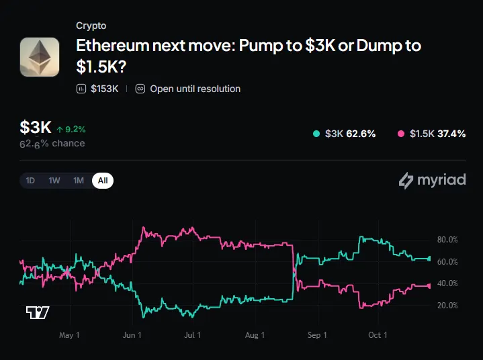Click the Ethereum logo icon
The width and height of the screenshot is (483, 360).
[40, 57]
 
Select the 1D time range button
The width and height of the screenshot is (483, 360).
[30, 181]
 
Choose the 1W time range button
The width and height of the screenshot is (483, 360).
[54, 181]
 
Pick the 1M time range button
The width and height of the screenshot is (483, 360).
[79, 181]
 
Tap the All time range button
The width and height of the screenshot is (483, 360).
[103, 181]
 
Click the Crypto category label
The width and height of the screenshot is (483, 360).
[91, 26]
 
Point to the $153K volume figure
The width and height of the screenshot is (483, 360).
[104, 89]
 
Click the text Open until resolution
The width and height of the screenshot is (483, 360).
[195, 89]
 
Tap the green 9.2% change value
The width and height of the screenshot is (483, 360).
[75, 130]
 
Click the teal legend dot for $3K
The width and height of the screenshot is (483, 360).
[316, 134]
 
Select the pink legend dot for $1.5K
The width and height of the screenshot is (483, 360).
[401, 134]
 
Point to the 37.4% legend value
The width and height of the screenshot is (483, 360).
[451, 134]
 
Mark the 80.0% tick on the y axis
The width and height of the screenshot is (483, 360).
[447, 240]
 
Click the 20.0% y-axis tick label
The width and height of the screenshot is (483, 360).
[447, 306]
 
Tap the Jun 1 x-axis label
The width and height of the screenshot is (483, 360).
[132, 335]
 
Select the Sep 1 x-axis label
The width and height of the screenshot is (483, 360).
[317, 335]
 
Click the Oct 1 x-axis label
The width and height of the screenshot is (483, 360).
[378, 335]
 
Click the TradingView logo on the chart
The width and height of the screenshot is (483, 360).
[38, 312]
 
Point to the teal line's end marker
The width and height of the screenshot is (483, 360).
[429, 259]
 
